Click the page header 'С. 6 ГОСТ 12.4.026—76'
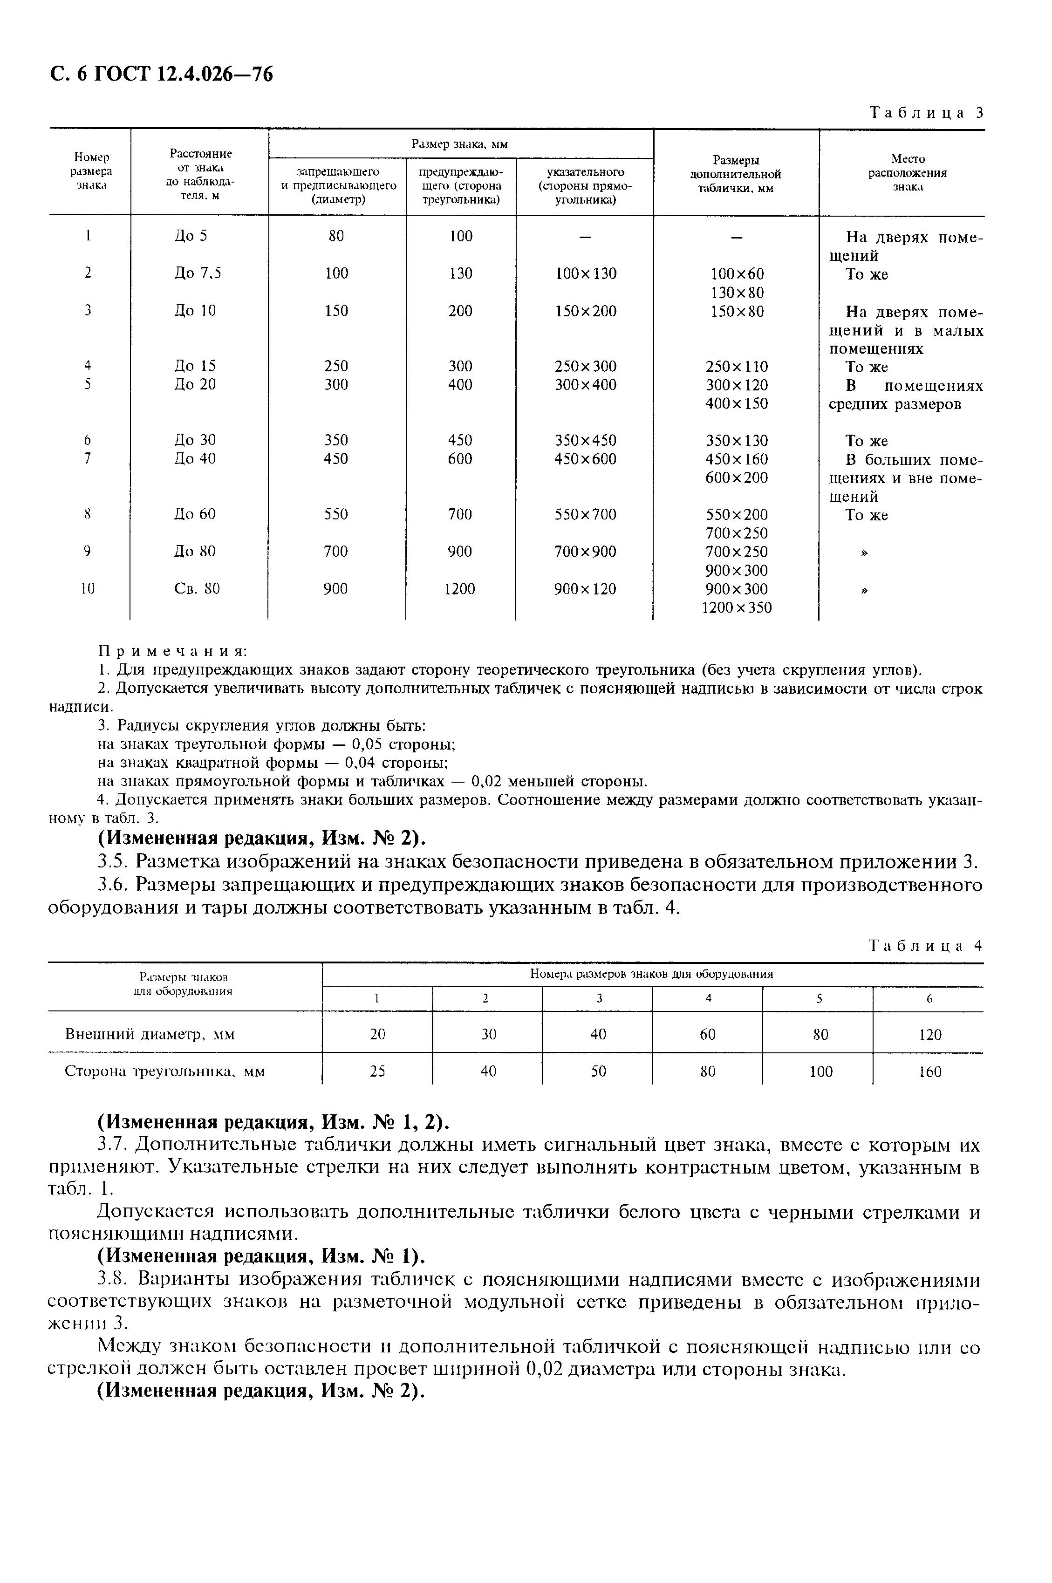161,74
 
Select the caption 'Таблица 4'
925,945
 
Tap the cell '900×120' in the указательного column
585,589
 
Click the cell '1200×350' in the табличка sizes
736,607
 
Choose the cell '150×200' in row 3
585,311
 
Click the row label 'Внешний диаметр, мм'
150,1034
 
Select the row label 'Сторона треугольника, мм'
164,1071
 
